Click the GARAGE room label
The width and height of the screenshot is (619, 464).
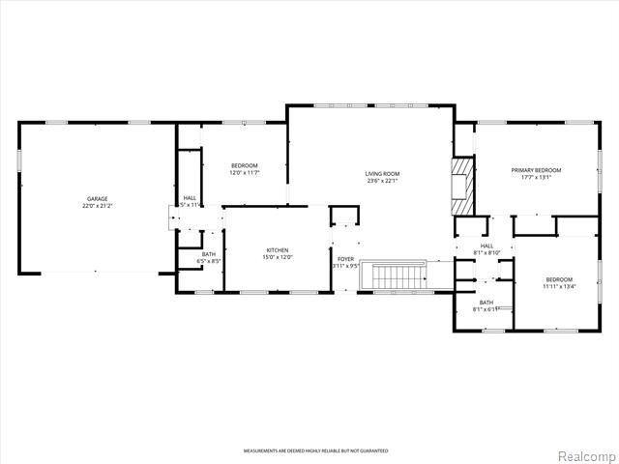click(x=96, y=199)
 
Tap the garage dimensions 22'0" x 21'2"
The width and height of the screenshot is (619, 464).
click(x=96, y=207)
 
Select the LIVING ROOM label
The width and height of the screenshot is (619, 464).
click(x=382, y=174)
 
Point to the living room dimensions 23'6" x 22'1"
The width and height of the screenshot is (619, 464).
click(x=382, y=182)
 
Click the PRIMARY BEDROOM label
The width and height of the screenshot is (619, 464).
click(x=536, y=169)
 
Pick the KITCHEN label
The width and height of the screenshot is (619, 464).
click(x=277, y=249)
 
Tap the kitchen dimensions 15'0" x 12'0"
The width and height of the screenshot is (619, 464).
click(x=277, y=257)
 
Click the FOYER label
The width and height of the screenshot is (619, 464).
click(x=345, y=258)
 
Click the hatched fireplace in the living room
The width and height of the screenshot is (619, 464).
click(x=463, y=187)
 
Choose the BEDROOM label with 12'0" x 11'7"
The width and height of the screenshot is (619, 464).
click(x=244, y=165)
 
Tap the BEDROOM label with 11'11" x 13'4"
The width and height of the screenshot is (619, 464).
click(x=558, y=278)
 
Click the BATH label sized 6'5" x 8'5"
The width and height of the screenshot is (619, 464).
click(x=209, y=254)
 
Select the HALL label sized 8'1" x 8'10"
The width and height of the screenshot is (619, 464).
click(x=486, y=246)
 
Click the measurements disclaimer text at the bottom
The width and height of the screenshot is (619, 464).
click(x=315, y=451)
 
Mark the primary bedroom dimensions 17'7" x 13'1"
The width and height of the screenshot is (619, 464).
click(x=536, y=177)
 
